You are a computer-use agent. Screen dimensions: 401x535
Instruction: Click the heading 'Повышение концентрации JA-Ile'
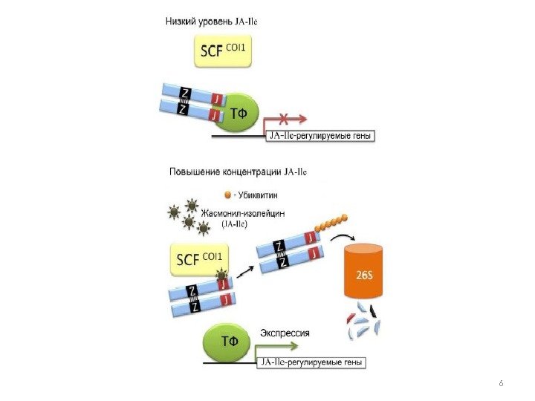pyautogui.click(x=238, y=172)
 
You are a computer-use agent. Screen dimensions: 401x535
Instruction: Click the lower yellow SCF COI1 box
pyautogui.click(x=201, y=261)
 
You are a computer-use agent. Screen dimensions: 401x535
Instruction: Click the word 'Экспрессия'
pyautogui.click(x=285, y=333)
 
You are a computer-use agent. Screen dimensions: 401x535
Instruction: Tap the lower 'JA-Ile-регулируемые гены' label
pyautogui.click(x=312, y=362)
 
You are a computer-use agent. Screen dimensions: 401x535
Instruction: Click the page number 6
pyautogui.click(x=501, y=382)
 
